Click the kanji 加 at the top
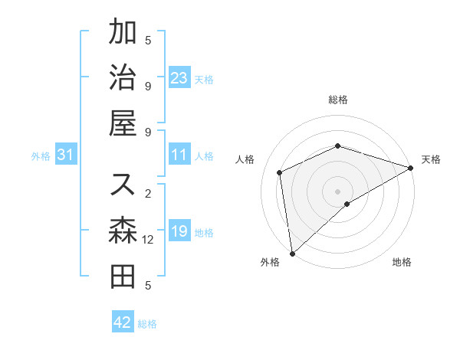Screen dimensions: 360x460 click(x=123, y=33)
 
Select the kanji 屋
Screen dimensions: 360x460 click(x=123, y=123)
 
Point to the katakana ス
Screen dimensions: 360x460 click(x=123, y=184)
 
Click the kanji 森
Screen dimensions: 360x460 click(x=123, y=231)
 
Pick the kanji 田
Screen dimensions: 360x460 click(x=123, y=276)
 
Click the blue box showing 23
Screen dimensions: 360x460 click(x=179, y=77)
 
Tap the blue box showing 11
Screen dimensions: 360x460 click(x=179, y=155)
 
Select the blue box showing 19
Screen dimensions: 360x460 click(x=179, y=231)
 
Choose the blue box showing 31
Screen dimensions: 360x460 click(x=66, y=155)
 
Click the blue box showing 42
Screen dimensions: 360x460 click(x=123, y=322)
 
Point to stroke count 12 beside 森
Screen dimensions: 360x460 click(x=148, y=240)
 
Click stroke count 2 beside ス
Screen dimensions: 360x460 click(x=148, y=192)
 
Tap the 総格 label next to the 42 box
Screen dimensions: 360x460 click(x=147, y=324)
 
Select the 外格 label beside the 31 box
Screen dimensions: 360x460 click(x=41, y=156)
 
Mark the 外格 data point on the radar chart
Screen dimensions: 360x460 click(x=291, y=253)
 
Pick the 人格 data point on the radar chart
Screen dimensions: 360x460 click(x=280, y=172)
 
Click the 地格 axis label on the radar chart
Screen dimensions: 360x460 click(x=402, y=262)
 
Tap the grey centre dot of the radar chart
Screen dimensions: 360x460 click(x=337, y=191)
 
